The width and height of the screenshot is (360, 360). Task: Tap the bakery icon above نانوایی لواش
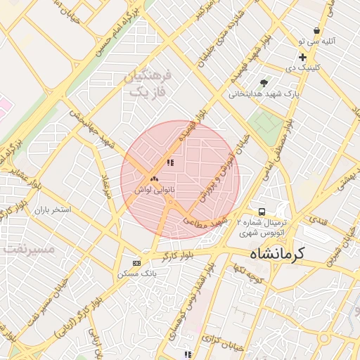(154, 179)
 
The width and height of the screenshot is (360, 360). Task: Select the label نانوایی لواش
(154, 191)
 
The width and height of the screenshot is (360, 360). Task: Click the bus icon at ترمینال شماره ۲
(262, 211)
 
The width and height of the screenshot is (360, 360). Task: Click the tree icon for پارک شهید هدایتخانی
(264, 83)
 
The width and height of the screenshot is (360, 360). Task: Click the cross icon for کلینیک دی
(302, 57)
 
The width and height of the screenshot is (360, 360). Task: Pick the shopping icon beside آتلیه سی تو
(317, 31)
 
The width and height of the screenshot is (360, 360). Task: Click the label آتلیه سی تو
(323, 41)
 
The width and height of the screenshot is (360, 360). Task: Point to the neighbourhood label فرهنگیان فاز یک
(146, 83)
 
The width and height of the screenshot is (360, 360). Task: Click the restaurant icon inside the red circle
(169, 162)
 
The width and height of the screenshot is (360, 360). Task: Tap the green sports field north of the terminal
(264, 124)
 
